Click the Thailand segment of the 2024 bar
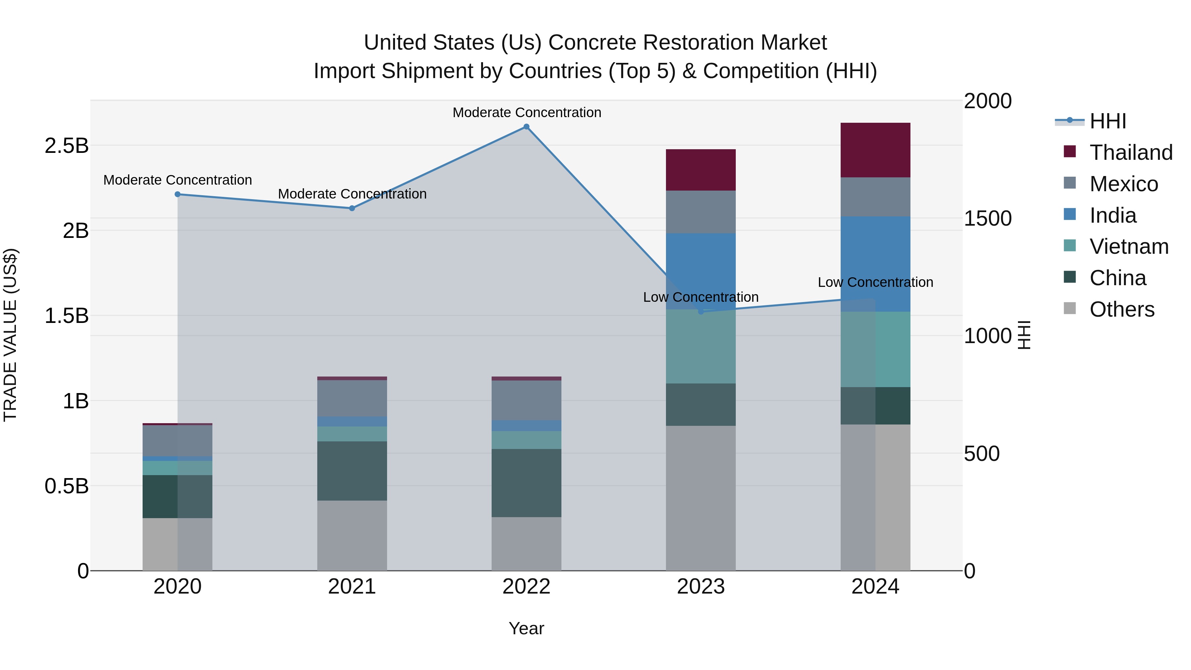[x=875, y=150]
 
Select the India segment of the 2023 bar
[x=700, y=271]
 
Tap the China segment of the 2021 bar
[x=352, y=471]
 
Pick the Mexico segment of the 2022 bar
[x=526, y=400]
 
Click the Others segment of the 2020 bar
[x=177, y=544]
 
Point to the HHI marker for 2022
[x=526, y=127]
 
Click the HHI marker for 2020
[x=178, y=194]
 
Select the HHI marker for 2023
[x=700, y=312]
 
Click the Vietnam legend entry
[x=1128, y=246]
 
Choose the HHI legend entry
[x=1107, y=121]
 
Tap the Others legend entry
[x=1121, y=309]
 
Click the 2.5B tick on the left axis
[x=66, y=146]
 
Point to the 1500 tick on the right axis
[x=988, y=218]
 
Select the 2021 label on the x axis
[x=352, y=587]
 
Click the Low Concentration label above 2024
[x=875, y=282]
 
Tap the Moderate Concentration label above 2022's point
[x=526, y=112]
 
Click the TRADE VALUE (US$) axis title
[x=10, y=335]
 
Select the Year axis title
[x=526, y=628]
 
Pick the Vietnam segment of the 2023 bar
[x=700, y=346]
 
